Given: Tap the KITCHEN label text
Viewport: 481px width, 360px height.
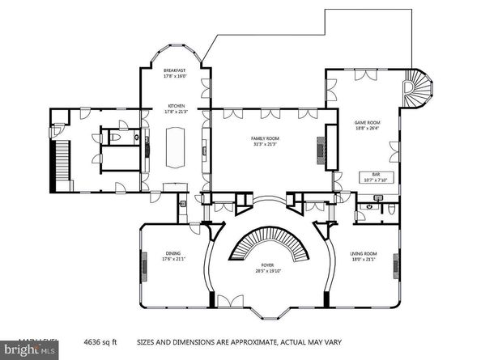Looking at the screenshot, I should (x=177, y=106).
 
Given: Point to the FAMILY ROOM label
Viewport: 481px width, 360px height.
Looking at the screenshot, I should (x=265, y=138).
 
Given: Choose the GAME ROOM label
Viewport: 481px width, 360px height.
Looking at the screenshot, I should (x=367, y=124).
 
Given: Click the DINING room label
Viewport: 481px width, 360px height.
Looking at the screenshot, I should (x=173, y=252).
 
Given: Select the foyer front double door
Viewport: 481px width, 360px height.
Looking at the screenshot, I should (x=229, y=302).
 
